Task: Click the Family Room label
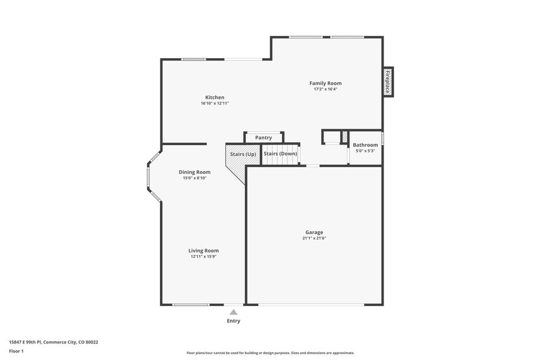pos(325,83)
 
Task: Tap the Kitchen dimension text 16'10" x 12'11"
pos(214,103)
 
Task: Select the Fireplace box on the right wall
pos(388,81)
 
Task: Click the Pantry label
pos(263,138)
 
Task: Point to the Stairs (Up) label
pos(243,154)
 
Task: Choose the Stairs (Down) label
pos(280,154)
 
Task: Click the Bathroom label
pos(365,145)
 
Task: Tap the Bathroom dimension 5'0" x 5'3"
pos(365,151)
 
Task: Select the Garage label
pos(314,232)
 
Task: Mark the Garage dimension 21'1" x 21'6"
pos(314,238)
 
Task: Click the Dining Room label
pos(195,172)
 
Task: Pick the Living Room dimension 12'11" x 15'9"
pos(203,257)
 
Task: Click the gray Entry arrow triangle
pos(233,312)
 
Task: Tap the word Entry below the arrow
pos(233,321)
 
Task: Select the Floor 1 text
pos(16,351)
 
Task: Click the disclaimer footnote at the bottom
pos(270,353)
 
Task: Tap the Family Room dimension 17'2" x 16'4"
pos(325,89)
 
